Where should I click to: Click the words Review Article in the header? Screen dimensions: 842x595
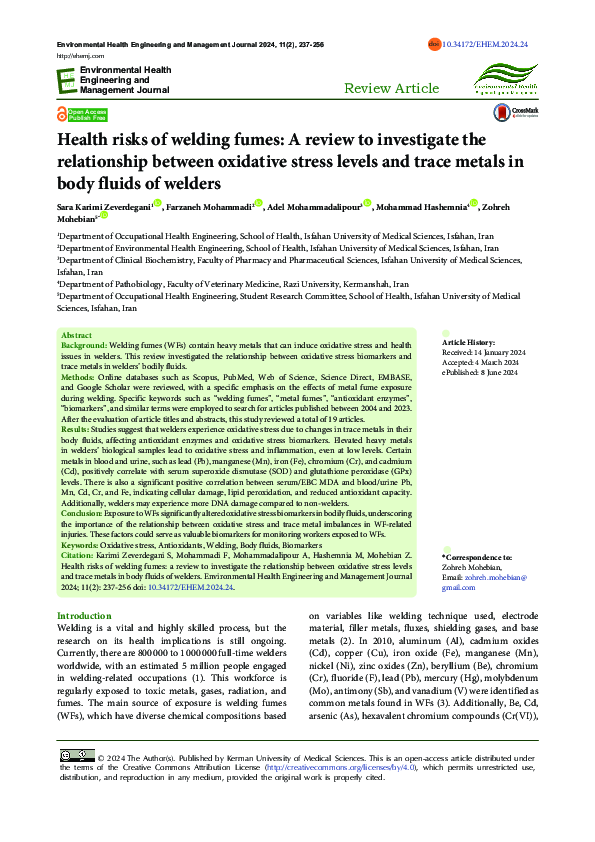pyautogui.click(x=391, y=89)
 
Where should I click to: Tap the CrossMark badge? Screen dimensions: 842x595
pyautogui.click(x=526, y=113)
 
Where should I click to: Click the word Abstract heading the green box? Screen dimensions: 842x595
pyautogui.click(x=76, y=335)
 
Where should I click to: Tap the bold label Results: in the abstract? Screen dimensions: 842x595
pyautogui.click(x=77, y=428)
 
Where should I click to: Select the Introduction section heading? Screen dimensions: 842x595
pyautogui.click(x=85, y=616)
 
